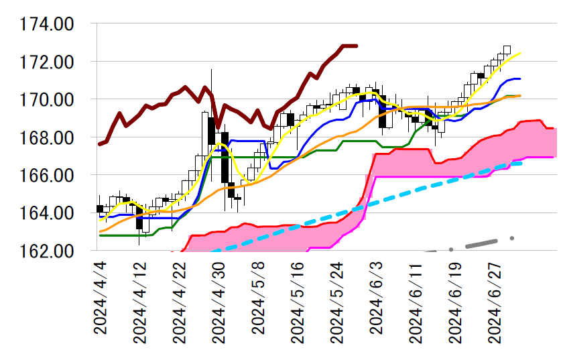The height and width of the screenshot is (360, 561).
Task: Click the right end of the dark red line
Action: [357, 46]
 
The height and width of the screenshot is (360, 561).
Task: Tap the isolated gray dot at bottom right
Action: [512, 238]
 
